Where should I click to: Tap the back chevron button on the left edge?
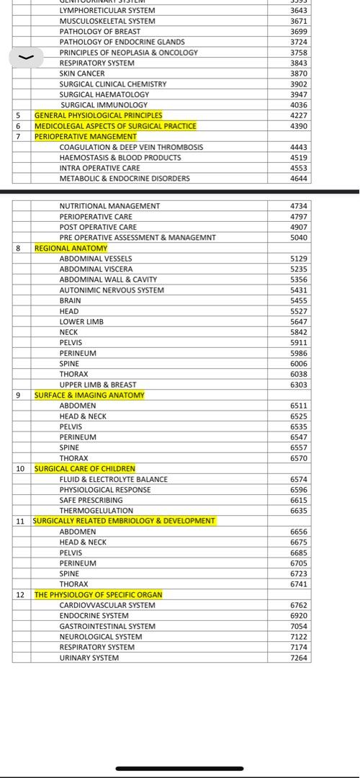pos(26,57)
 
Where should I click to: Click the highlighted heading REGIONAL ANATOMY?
pos(71,249)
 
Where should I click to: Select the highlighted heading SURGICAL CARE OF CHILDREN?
pos(84,469)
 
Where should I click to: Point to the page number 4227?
pos(299,115)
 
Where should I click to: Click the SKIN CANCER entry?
pos(82,73)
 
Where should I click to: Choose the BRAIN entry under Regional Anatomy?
pos(70,300)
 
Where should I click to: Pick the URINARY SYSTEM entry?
pos(89,658)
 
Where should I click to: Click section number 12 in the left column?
pos(20,595)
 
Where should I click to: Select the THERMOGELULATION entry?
pos(96,511)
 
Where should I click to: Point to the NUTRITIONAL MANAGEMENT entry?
pos(109,206)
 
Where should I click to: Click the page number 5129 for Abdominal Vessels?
pos(299,259)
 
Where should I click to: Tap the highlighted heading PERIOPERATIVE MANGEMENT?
pos(85,136)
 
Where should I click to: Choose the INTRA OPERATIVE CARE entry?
pos(99,168)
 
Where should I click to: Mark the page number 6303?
pos(299,385)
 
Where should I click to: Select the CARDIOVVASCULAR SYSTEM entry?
pos(107,605)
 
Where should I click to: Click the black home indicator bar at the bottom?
pos(180,769)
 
